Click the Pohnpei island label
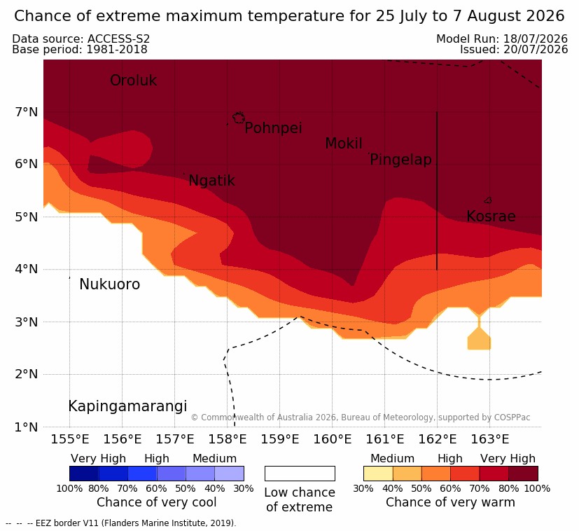pos(273,128)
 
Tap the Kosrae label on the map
pos(491,216)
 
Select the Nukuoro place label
pos(110,284)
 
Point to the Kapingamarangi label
pos(127,406)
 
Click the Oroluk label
pos(133,80)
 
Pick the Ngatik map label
pos(211,181)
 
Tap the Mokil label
pos(344,144)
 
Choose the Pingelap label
pos(400,160)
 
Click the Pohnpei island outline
pos(239,118)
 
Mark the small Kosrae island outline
pos(488,200)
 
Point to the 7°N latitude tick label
pos(27,111)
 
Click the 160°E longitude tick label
pos(333,439)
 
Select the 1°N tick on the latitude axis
pos(27,427)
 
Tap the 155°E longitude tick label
pos(70,439)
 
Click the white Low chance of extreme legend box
pos(300,474)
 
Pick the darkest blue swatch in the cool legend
pos(84,474)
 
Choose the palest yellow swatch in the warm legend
pos(378,474)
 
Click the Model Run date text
pos(502,39)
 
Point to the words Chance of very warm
pos(450,502)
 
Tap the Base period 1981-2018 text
pos(80,50)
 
